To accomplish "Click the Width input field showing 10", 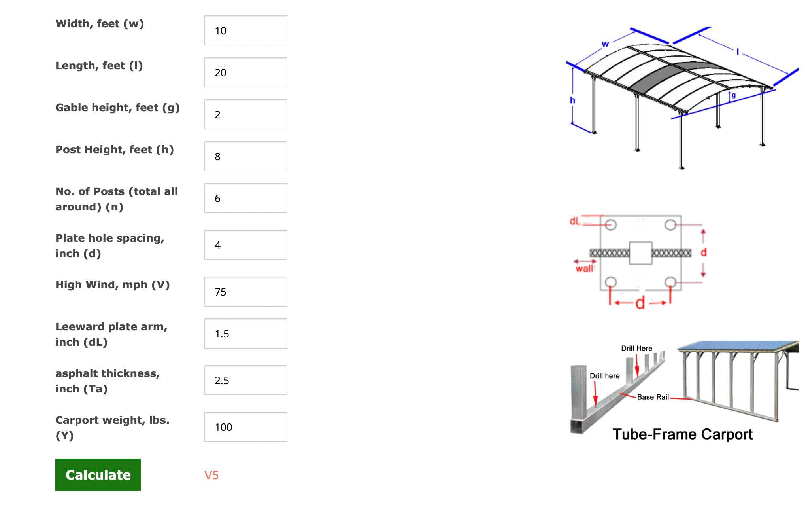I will pyautogui.click(x=245, y=30).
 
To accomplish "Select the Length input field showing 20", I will pyautogui.click(x=245, y=72).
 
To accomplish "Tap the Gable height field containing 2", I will pyautogui.click(x=245, y=114).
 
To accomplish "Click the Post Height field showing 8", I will pyautogui.click(x=245, y=156).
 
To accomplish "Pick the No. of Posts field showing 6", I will pyautogui.click(x=245, y=198).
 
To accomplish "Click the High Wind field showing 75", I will pyautogui.click(x=245, y=292).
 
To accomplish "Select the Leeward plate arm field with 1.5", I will pyautogui.click(x=245, y=334).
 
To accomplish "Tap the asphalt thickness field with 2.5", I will pyautogui.click(x=245, y=380).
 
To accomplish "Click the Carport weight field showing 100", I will pyautogui.click(x=245, y=427).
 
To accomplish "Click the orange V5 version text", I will pyautogui.click(x=211, y=475).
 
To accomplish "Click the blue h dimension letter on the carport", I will pyautogui.click(x=572, y=100).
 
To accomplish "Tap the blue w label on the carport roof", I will pyautogui.click(x=605, y=44).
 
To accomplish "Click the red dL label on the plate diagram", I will pyautogui.click(x=575, y=221).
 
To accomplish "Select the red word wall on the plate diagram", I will pyautogui.click(x=584, y=269).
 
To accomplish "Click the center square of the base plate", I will pyautogui.click(x=640, y=253).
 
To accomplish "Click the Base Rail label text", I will pyautogui.click(x=653, y=397).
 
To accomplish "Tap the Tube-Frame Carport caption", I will pyautogui.click(x=682, y=434).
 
